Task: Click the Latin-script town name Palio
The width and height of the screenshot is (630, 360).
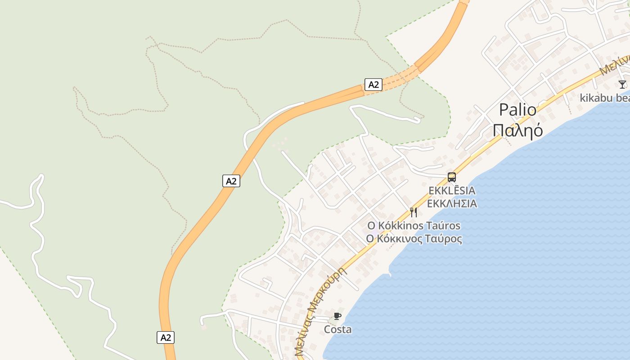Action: [x=517, y=110]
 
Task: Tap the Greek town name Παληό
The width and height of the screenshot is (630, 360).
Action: [x=517, y=130]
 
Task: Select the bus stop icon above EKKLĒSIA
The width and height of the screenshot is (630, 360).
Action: [x=452, y=177]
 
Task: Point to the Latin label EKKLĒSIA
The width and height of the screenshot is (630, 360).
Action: [x=452, y=191]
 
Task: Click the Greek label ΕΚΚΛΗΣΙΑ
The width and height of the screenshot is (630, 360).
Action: [x=452, y=204]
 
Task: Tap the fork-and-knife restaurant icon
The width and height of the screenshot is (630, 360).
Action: [x=414, y=212]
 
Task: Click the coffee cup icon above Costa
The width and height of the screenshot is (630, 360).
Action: [x=337, y=316]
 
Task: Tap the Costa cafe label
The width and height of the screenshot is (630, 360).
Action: [x=338, y=329]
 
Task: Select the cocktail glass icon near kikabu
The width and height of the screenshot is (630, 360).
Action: [x=622, y=84]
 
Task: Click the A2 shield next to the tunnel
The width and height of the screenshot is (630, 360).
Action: [x=373, y=84]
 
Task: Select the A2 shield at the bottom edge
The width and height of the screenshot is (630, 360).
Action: [x=166, y=337]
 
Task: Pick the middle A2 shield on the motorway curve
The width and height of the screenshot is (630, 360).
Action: [x=231, y=181]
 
